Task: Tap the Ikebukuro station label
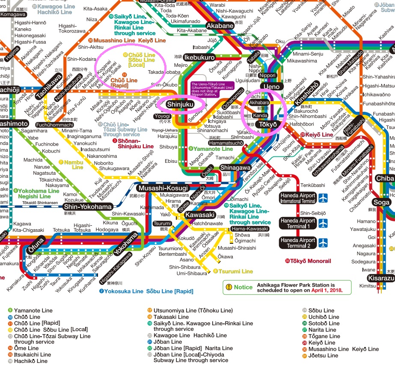click(x=199, y=57)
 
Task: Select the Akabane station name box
click(x=220, y=26)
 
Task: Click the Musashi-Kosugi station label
click(x=163, y=188)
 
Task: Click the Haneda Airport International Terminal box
click(x=298, y=198)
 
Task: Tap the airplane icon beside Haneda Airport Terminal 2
click(x=324, y=243)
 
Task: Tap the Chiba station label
click(x=384, y=178)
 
